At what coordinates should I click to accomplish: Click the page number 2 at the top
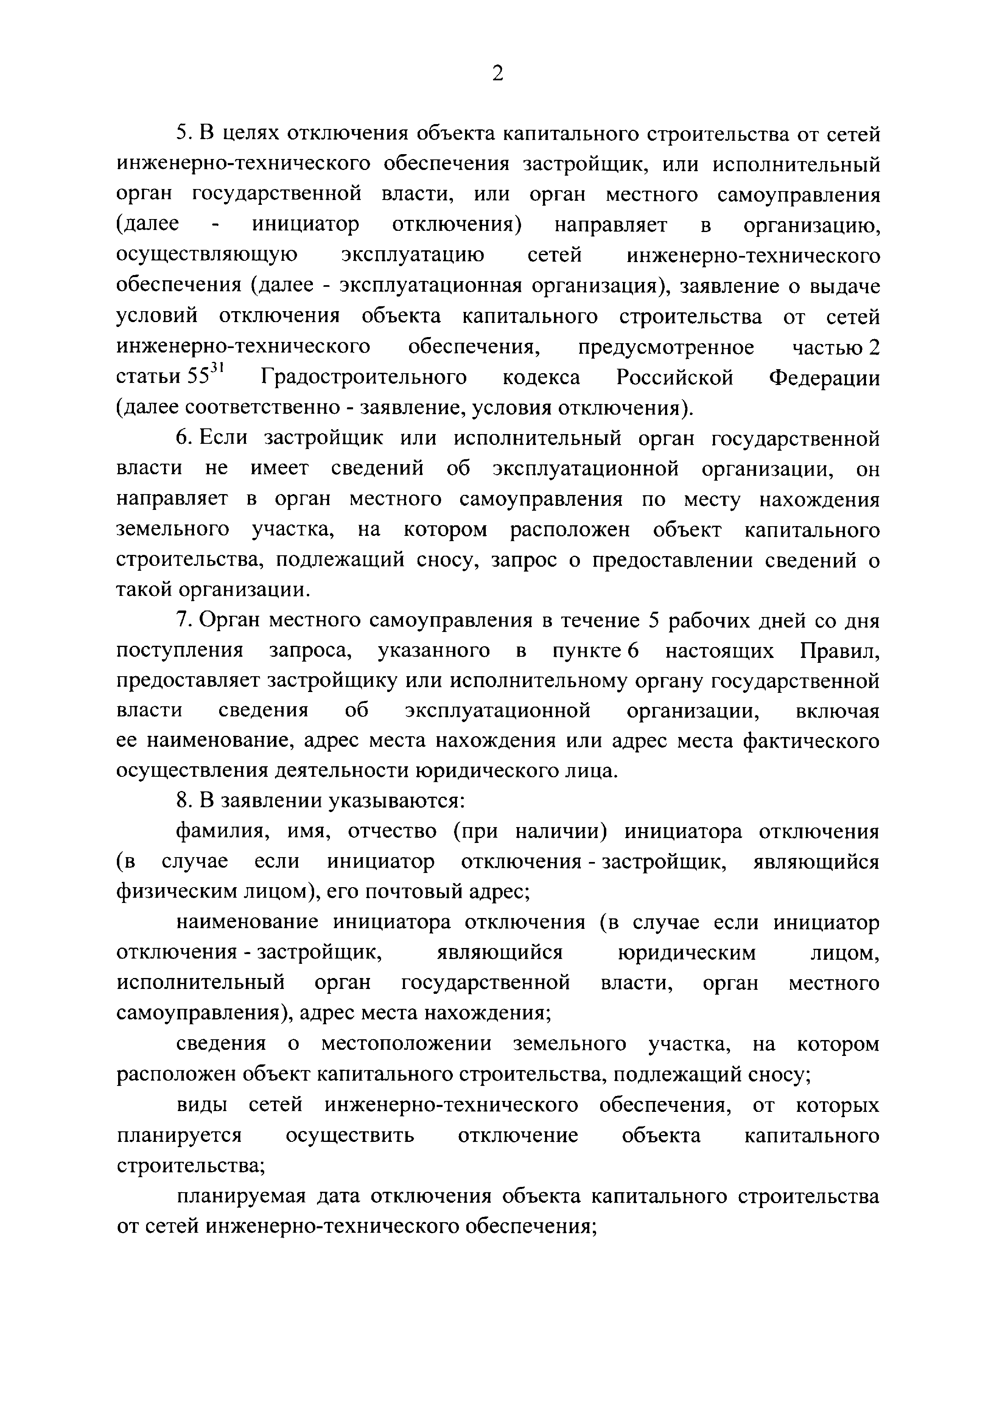click(x=498, y=74)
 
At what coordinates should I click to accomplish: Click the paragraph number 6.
click(x=182, y=438)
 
